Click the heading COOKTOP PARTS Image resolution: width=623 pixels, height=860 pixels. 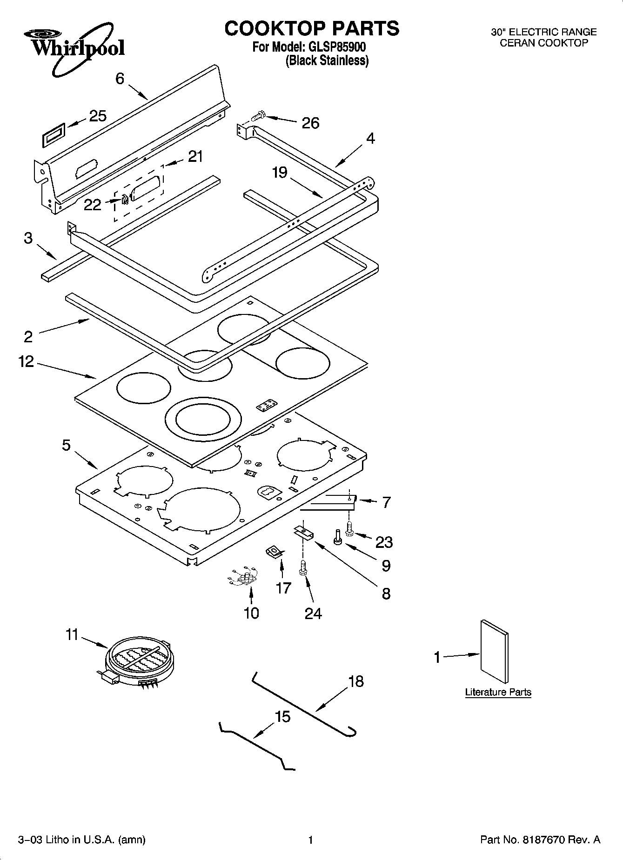(311, 28)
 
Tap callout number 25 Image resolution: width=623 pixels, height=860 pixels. (98, 116)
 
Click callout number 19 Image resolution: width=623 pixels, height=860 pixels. (280, 173)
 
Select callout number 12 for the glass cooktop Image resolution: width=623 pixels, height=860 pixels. (27, 361)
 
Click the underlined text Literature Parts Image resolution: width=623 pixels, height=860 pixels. (498, 692)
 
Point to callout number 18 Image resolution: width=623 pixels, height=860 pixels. (356, 682)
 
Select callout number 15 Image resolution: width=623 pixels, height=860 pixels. (282, 717)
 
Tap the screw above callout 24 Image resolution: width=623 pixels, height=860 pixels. (303, 568)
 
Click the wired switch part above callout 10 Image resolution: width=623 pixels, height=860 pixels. (243, 578)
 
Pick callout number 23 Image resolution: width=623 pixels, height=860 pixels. (384, 542)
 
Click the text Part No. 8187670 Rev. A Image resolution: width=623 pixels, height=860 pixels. (540, 840)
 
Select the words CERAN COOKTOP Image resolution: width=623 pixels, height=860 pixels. (543, 43)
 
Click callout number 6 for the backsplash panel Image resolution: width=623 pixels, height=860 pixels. (120, 79)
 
